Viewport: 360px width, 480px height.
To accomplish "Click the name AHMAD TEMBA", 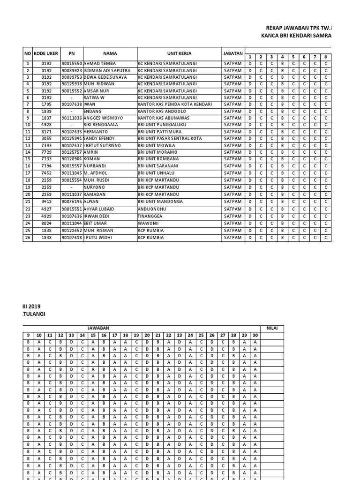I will pyautogui.click(x=99, y=63).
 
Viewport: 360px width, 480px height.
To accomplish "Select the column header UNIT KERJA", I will pyautogui.click(x=179, y=53).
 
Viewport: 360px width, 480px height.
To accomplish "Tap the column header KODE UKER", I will pyautogui.click(x=46, y=53).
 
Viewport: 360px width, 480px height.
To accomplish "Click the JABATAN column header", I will pyautogui.click(x=233, y=53).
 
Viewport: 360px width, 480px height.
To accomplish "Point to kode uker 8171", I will pyautogui.click(x=46, y=132).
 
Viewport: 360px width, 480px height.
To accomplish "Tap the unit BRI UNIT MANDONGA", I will pyautogui.click(x=161, y=201).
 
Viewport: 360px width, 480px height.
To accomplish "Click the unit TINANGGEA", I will pyautogui.click(x=150, y=217).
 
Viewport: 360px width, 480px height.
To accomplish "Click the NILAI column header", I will pyautogui.click(x=272, y=328).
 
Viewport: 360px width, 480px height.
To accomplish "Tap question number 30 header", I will pyautogui.click(x=255, y=335).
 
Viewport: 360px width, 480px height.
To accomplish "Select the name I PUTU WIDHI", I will pyautogui.click(x=98, y=238).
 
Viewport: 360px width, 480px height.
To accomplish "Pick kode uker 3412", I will pyautogui.click(x=46, y=201).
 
